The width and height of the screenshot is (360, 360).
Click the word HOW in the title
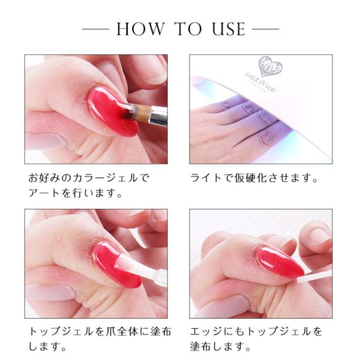click(x=140, y=29)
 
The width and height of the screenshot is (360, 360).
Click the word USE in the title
click(x=229, y=29)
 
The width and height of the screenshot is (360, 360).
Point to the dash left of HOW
click(x=95, y=29)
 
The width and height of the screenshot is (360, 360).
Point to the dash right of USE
click(x=266, y=29)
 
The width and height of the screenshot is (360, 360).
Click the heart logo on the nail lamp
click(x=270, y=67)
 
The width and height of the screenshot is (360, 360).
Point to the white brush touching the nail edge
click(x=314, y=276)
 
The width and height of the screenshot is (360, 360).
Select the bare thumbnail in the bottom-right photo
click(x=320, y=237)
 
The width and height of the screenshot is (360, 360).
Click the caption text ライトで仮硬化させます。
click(x=254, y=178)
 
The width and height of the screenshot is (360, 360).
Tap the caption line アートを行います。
click(x=75, y=193)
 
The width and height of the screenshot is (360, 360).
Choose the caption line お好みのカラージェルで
click(x=89, y=178)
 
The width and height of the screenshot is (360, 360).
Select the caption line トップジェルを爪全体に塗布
click(x=100, y=332)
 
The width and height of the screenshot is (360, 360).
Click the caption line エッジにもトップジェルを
click(x=256, y=332)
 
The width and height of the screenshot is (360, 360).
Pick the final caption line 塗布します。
click(x=220, y=346)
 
